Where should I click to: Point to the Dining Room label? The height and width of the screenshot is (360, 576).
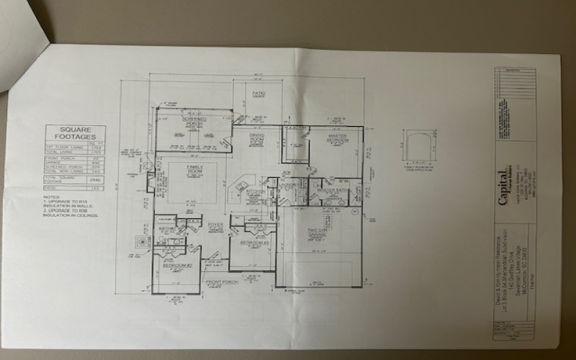pos(257,136)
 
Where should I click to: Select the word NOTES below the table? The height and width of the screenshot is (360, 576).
pos(52,197)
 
